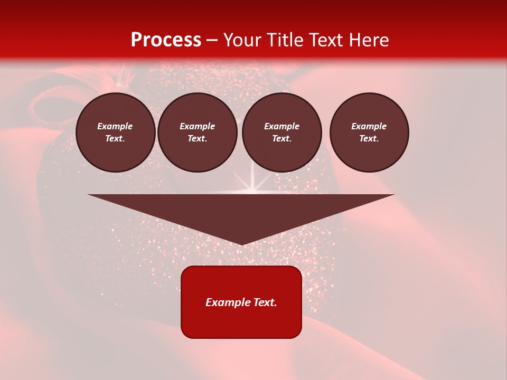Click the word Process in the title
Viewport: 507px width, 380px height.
pyautogui.click(x=166, y=40)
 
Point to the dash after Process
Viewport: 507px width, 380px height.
pyautogui.click(x=212, y=40)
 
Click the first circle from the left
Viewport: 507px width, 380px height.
pyautogui.click(x=116, y=132)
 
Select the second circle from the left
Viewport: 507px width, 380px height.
pyautogui.click(x=198, y=132)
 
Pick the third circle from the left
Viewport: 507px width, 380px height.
pyautogui.click(x=282, y=132)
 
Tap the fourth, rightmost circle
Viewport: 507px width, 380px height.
pyautogui.click(x=369, y=132)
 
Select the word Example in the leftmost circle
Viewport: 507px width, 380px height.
pyautogui.click(x=115, y=127)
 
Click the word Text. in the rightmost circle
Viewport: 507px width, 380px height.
pyautogui.click(x=369, y=139)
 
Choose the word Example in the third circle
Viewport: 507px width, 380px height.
pyautogui.click(x=282, y=127)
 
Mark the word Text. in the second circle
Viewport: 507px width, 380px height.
pyautogui.click(x=198, y=139)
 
